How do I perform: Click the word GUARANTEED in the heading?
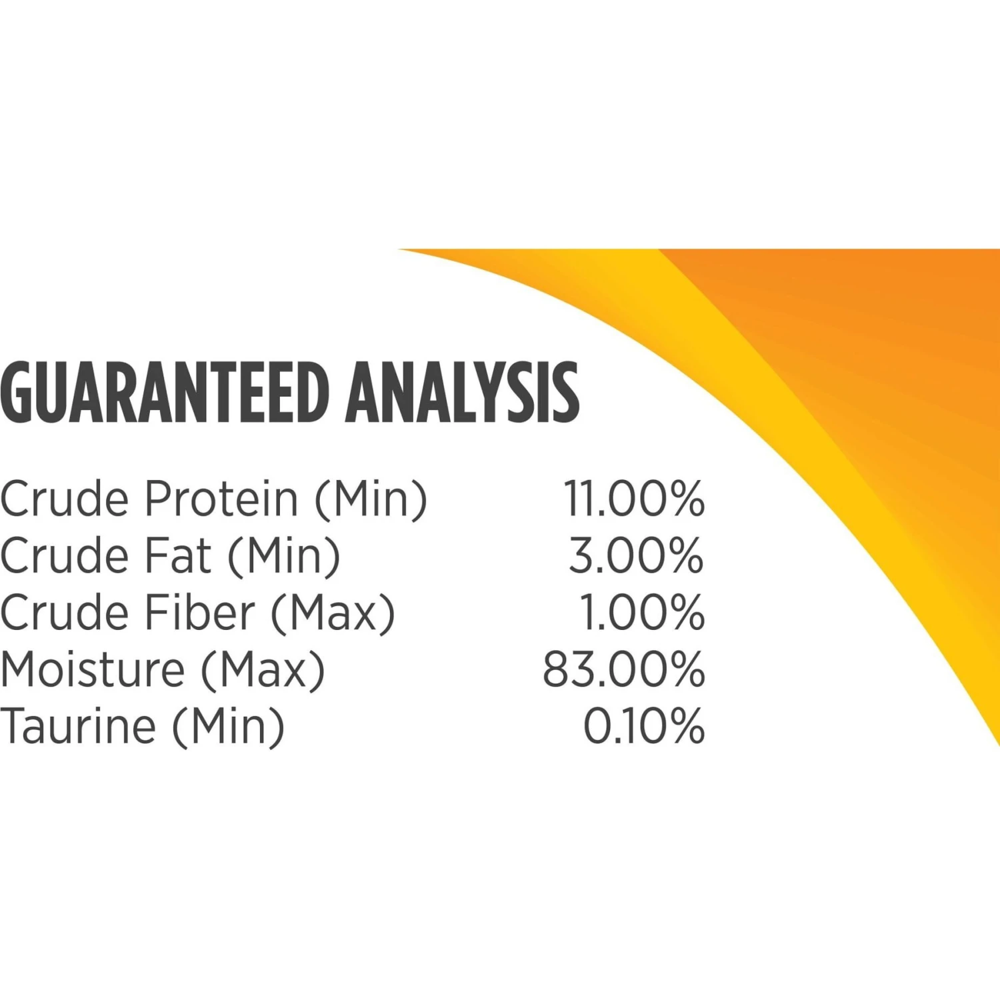click(165, 392)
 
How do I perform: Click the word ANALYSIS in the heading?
click(463, 392)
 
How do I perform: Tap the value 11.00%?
click(634, 499)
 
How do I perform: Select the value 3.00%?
click(636, 555)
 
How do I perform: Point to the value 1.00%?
click(642, 612)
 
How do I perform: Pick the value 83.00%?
click(623, 669)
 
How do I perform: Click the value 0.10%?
click(644, 726)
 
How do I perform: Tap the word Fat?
click(178, 555)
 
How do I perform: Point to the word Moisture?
click(93, 669)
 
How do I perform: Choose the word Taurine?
click(78, 726)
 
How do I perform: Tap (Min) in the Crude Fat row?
click(284, 557)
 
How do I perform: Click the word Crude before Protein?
click(65, 499)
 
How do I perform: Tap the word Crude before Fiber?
click(65, 612)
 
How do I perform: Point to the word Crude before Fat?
click(65, 555)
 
